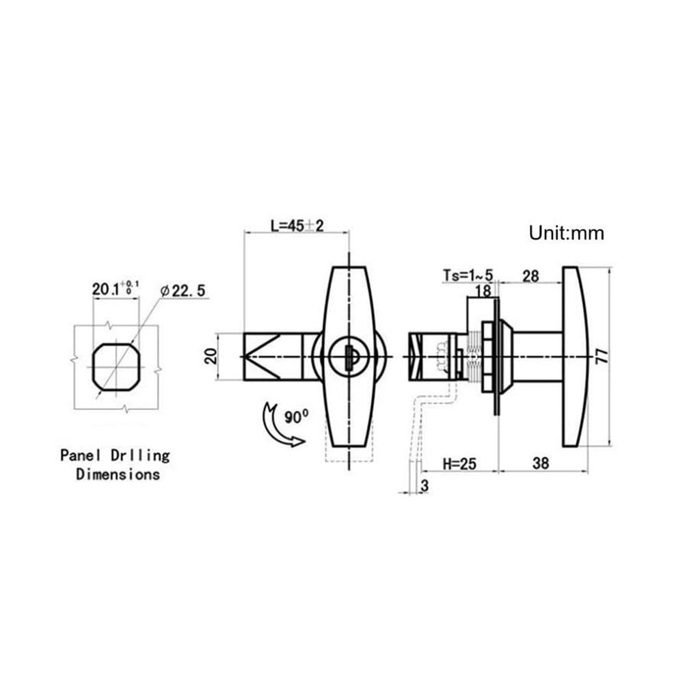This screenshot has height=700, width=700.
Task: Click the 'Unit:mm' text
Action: (x=566, y=233)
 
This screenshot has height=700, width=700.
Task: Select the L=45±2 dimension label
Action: (x=297, y=226)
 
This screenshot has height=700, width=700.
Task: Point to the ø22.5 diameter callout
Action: (x=183, y=291)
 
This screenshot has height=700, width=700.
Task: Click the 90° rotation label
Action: (x=297, y=416)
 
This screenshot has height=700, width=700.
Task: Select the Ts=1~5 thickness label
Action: (x=468, y=275)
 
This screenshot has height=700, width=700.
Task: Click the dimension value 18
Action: (x=483, y=291)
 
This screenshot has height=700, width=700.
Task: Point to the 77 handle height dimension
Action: (x=601, y=356)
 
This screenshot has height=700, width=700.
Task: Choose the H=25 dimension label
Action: (x=459, y=463)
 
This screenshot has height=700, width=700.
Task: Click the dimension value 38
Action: (x=540, y=463)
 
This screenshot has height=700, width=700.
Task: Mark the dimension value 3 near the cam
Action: (x=425, y=485)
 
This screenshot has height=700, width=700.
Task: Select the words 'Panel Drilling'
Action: (x=115, y=455)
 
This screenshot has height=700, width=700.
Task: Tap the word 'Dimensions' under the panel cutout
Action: (x=118, y=474)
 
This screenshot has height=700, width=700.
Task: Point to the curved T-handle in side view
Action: (x=574, y=356)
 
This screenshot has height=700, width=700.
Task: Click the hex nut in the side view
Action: (x=487, y=357)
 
